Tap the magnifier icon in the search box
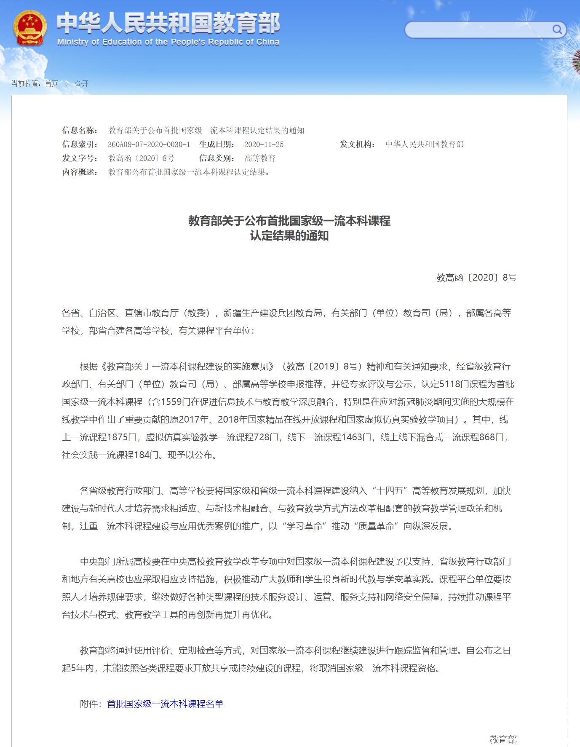[x=557, y=29]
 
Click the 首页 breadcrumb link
[x=51, y=83]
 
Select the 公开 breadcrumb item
[x=82, y=83]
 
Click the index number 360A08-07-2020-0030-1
[x=149, y=145]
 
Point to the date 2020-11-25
[x=264, y=145]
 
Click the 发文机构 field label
[x=358, y=145]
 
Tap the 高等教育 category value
[x=260, y=158]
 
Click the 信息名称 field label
[x=80, y=131]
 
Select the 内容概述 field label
[x=80, y=172]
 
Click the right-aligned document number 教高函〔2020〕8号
[x=476, y=278]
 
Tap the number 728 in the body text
[x=262, y=437]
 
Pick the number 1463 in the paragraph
[x=352, y=437]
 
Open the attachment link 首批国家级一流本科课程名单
[x=165, y=704]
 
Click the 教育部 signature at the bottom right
[x=503, y=739]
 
